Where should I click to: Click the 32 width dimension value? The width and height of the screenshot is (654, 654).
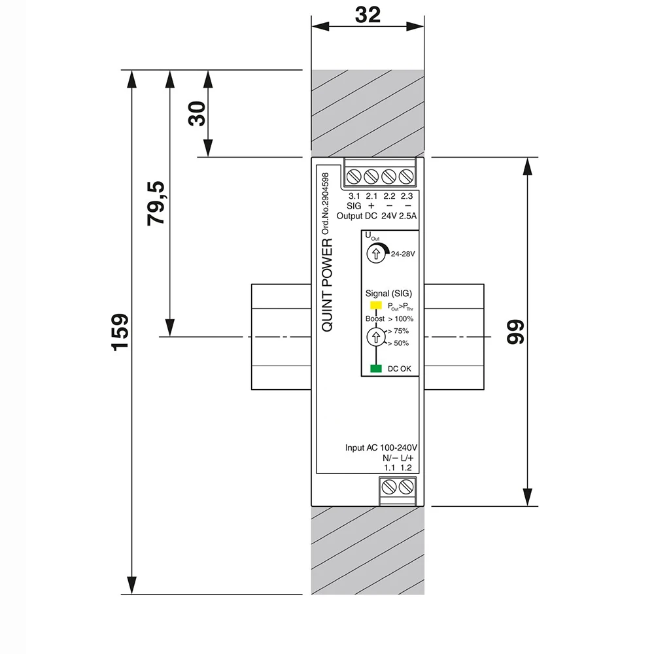pyautogui.click(x=368, y=14)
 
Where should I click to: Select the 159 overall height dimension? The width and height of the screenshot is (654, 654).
pyautogui.click(x=120, y=332)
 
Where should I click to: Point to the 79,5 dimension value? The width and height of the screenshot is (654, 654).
pyautogui.click(x=156, y=203)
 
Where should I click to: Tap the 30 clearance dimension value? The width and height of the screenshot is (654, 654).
pyautogui.click(x=197, y=113)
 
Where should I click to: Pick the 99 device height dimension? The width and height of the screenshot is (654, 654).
pyautogui.click(x=515, y=332)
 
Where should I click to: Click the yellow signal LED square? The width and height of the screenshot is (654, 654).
pyautogui.click(x=376, y=305)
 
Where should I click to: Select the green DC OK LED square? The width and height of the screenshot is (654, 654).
pyautogui.click(x=376, y=368)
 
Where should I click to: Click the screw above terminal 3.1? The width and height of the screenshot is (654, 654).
pyautogui.click(x=354, y=177)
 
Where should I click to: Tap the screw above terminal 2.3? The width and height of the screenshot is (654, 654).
pyautogui.click(x=406, y=177)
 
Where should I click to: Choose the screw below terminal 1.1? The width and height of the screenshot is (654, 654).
pyautogui.click(x=388, y=487)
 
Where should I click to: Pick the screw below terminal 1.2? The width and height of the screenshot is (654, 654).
pyautogui.click(x=406, y=487)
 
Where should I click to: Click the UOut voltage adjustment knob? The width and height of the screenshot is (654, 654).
pyautogui.click(x=376, y=254)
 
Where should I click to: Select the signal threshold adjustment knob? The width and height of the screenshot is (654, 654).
pyautogui.click(x=376, y=337)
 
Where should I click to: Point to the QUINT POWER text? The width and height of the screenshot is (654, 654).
pyautogui.click(x=328, y=285)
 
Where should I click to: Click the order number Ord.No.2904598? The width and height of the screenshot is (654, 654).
pyautogui.click(x=325, y=203)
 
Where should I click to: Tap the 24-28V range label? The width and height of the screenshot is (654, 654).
pyautogui.click(x=403, y=254)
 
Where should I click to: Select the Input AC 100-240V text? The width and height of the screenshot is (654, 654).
pyautogui.click(x=381, y=447)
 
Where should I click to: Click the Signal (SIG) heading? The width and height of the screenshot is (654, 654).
pyautogui.click(x=388, y=294)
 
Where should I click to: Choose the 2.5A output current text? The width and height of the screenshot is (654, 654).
pyautogui.click(x=408, y=216)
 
